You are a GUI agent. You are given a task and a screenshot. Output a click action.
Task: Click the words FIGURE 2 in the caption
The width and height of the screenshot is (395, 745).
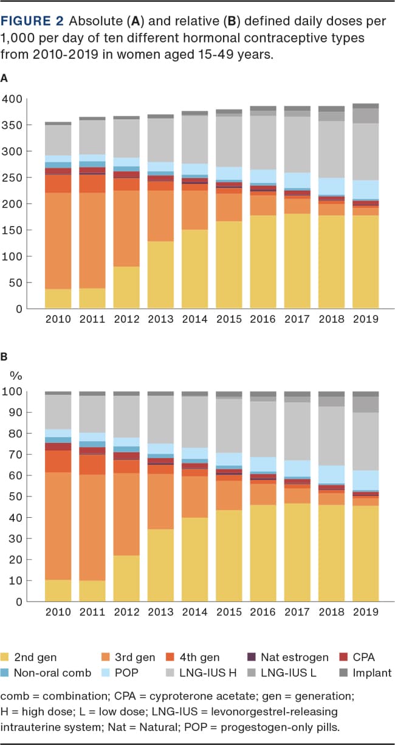(x=31, y=22)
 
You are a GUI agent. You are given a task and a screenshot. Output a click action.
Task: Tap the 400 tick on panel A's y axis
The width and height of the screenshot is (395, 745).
(x=12, y=99)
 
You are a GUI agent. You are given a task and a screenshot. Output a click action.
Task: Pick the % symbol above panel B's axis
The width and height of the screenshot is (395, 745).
(x=15, y=374)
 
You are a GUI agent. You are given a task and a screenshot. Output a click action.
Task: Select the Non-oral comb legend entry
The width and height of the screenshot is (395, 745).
(x=46, y=673)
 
